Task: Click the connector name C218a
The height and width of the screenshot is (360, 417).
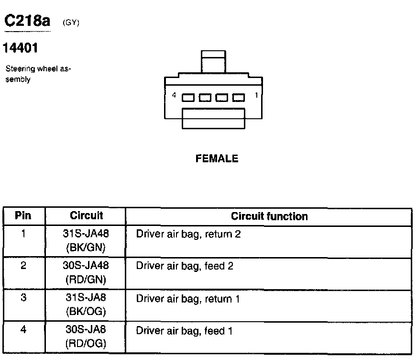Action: pyautogui.click(x=27, y=21)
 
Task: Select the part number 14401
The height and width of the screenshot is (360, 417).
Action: pyautogui.click(x=21, y=48)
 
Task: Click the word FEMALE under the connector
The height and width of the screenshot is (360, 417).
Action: pyautogui.click(x=217, y=158)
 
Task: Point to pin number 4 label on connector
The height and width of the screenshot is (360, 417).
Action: pyautogui.click(x=174, y=95)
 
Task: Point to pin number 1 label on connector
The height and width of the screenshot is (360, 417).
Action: pyautogui.click(x=256, y=95)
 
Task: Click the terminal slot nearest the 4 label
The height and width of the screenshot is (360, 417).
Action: pyautogui.click(x=188, y=98)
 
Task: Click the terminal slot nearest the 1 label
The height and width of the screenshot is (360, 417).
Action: pyautogui.click(x=239, y=98)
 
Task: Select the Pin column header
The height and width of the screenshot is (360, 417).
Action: pyautogui.click(x=23, y=215)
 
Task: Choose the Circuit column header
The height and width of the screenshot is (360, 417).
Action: pyautogui.click(x=86, y=215)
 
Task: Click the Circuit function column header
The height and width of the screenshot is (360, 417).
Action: pyautogui.click(x=269, y=216)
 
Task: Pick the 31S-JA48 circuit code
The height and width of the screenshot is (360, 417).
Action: pyautogui.click(x=86, y=234)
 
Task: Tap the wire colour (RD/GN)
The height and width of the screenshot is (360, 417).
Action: pyautogui.click(x=86, y=279)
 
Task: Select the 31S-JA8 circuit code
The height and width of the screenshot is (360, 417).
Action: pyautogui.click(x=86, y=298)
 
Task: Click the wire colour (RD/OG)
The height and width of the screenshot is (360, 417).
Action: pyautogui.click(x=86, y=343)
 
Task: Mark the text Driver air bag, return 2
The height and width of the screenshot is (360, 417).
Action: pyautogui.click(x=188, y=234)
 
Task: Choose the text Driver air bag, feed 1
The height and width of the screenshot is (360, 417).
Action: pyautogui.click(x=184, y=330)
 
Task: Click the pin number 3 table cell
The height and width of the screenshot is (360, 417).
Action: pyautogui.click(x=23, y=298)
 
